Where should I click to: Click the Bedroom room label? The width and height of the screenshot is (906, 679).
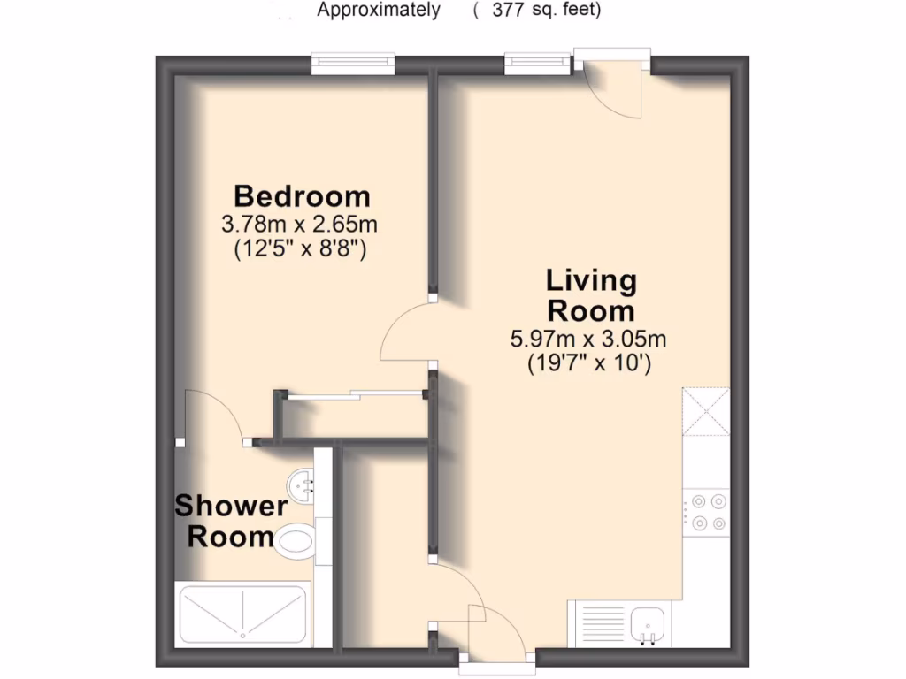tap(302, 195)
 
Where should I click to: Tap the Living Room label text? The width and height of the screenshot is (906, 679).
tap(591, 296)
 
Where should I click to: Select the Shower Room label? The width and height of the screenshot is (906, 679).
tap(230, 522)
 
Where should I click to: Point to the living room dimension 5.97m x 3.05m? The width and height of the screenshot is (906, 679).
tap(587, 338)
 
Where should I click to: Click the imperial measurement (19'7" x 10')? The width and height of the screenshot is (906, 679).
tap(587, 362)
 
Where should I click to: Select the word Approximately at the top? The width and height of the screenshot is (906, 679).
tap(379, 11)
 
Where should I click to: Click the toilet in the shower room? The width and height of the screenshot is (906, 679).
tap(295, 540)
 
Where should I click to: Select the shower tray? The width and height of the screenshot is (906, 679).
tap(242, 614)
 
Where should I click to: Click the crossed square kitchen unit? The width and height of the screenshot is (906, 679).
tap(706, 413)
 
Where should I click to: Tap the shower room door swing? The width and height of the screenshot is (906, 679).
tap(212, 416)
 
